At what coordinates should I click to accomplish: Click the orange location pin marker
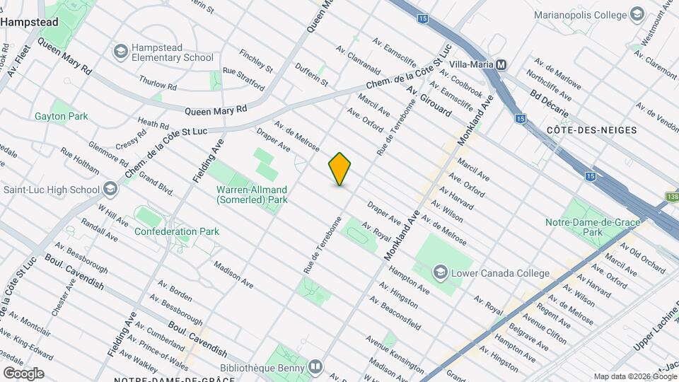339,169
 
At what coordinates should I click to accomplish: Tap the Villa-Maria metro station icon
501,64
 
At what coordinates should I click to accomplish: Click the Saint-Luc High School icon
110,189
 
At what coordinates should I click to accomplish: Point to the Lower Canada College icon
440,272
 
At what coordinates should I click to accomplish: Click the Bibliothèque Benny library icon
315,367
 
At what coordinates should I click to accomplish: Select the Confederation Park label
176,231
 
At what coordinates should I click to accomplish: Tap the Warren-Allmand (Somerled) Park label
252,195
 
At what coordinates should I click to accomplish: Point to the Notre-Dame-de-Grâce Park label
584,226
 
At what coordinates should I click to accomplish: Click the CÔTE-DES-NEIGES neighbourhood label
592,130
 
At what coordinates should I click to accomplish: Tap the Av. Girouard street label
429,102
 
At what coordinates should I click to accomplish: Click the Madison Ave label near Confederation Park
233,275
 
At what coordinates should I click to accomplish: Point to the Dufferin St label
312,72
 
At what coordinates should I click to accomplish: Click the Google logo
23,373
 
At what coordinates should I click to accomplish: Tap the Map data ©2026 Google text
634,376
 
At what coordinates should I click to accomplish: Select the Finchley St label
255,60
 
